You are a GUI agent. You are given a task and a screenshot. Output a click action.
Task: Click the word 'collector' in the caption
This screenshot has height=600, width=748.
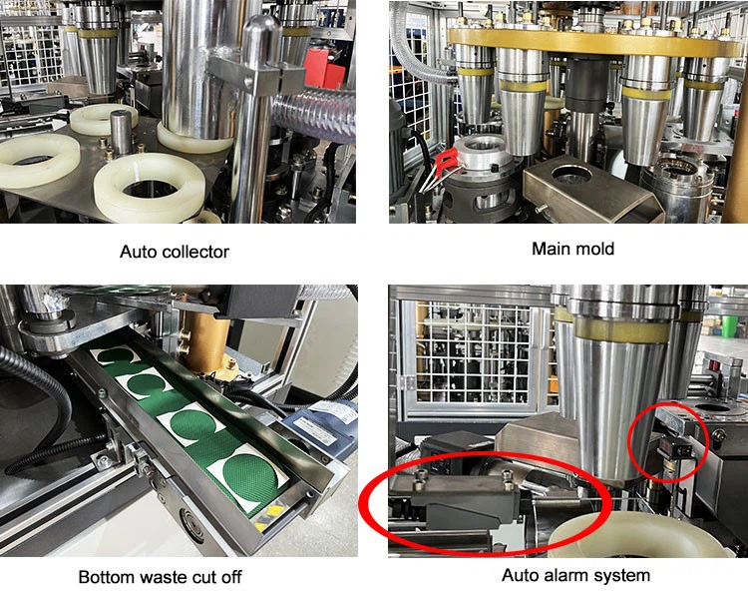(x=195, y=252)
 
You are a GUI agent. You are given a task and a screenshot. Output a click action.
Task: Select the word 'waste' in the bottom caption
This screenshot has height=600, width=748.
(x=157, y=577)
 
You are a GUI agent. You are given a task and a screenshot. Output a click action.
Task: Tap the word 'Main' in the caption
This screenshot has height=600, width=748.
(x=549, y=249)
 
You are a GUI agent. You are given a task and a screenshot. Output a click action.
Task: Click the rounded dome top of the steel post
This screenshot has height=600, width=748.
(x=263, y=32)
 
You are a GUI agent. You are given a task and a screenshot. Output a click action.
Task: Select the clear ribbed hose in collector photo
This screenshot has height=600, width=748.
(x=313, y=115)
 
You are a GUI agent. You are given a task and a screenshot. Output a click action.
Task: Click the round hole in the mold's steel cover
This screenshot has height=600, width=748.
(x=571, y=176)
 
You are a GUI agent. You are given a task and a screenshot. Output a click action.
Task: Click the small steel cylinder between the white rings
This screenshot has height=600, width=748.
(x=121, y=132)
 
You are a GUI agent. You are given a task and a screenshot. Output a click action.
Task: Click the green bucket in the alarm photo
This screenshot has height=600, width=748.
(x=729, y=325)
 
